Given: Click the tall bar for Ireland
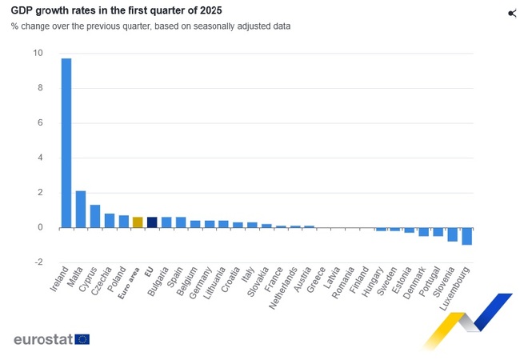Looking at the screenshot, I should pos(66,143).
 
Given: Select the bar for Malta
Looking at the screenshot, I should pos(81,210).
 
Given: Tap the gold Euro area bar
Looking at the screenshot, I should pos(138,222).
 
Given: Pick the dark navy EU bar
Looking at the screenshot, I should pos(152,222).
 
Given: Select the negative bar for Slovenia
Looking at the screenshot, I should pos(452,234).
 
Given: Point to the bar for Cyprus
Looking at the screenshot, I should pos(95,216).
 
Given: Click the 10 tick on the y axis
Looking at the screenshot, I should pos(38,54).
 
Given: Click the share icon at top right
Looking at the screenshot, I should pos(512,13).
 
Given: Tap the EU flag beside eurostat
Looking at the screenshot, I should pos(82,339).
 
